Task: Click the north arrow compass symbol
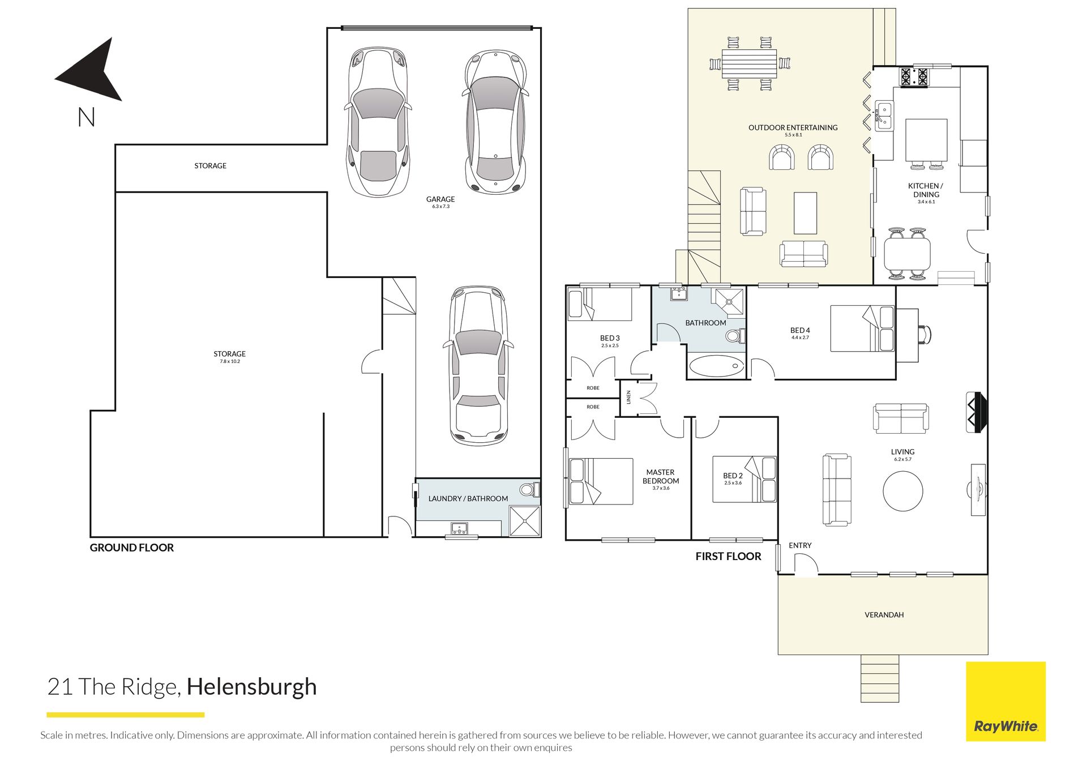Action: click(x=93, y=71)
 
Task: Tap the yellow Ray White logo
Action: click(x=1005, y=701)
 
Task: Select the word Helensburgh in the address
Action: click(x=251, y=686)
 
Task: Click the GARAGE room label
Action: click(x=440, y=199)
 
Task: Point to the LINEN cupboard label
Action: click(x=628, y=398)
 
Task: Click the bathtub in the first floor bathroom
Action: click(x=717, y=366)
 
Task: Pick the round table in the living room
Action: click(x=903, y=491)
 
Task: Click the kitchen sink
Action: click(x=884, y=116)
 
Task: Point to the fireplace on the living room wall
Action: click(x=977, y=412)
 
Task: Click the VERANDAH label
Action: click(x=884, y=615)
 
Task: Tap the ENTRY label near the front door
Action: click(x=800, y=545)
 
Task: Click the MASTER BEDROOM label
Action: click(x=661, y=477)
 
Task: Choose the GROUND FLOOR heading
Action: click(x=132, y=548)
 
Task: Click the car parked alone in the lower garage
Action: click(x=479, y=366)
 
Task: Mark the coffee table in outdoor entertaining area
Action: click(x=805, y=213)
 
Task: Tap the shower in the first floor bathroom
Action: click(x=730, y=301)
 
